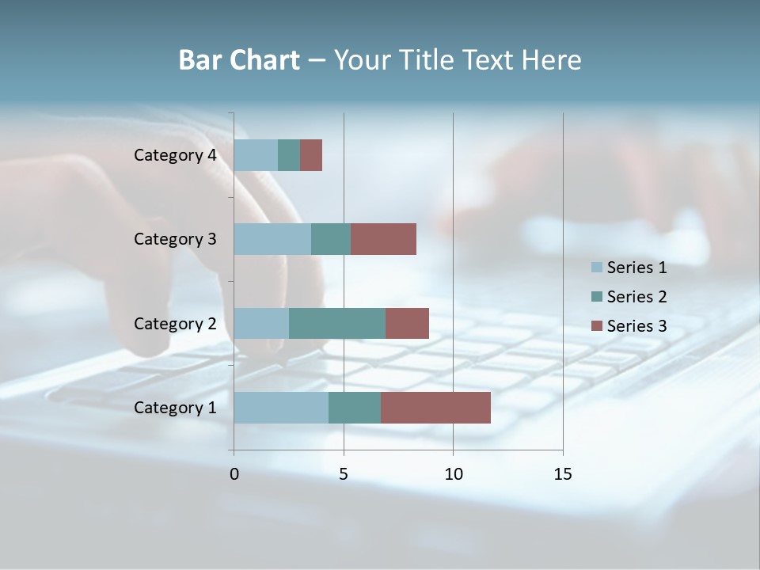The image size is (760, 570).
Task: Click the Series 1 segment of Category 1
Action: point(281,408)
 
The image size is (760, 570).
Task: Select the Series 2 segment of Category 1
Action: point(355,408)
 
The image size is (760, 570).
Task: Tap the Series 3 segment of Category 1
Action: point(435,408)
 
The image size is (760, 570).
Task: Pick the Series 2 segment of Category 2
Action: point(337,323)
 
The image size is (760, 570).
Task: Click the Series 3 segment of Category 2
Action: point(407,323)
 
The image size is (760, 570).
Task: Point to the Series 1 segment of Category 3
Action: point(272,239)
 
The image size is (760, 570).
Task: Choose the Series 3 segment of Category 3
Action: point(383,239)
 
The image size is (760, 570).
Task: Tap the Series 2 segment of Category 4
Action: point(289,155)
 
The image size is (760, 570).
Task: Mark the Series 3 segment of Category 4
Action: point(311,155)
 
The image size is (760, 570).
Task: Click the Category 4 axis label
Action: point(175,155)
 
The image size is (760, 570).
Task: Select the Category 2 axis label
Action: point(175,323)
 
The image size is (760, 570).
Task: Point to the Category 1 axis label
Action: point(175,408)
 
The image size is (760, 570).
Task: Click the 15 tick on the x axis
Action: point(562,474)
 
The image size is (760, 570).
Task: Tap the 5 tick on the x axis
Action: point(344,474)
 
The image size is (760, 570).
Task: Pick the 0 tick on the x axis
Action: point(234,474)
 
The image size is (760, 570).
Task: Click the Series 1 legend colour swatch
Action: point(596,268)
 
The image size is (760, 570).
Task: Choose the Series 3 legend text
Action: point(636,325)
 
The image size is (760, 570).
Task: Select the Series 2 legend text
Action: point(636,297)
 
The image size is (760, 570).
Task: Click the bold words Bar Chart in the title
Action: point(239,60)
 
